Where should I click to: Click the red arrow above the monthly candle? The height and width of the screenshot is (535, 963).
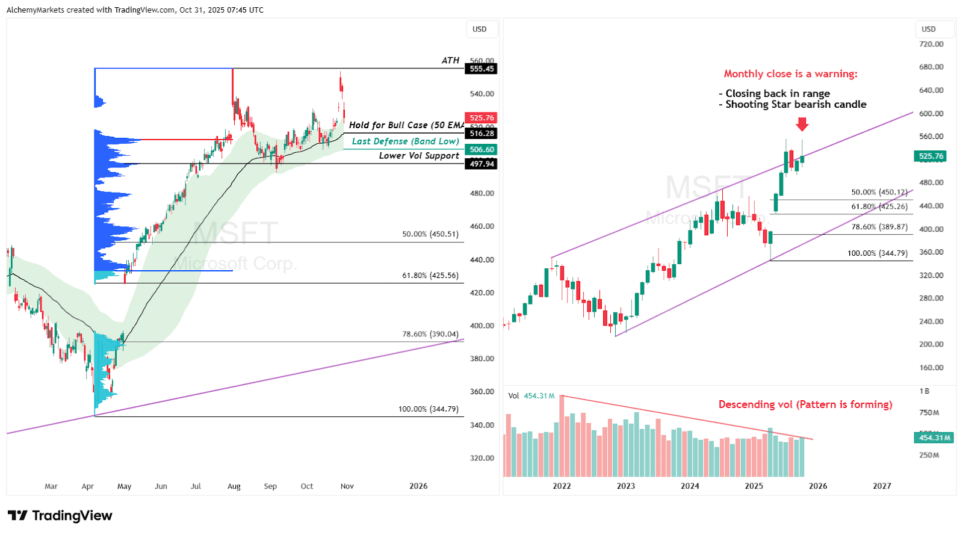pyautogui.click(x=802, y=125)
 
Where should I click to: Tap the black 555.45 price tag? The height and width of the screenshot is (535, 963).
pyautogui.click(x=482, y=69)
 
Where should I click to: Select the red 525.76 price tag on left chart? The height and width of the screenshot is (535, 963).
pyautogui.click(x=481, y=118)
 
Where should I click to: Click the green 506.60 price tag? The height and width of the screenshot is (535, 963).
pyautogui.click(x=482, y=149)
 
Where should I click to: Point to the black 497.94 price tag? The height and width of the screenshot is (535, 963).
pyautogui.click(x=482, y=164)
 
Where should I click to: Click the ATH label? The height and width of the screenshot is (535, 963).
pyautogui.click(x=450, y=60)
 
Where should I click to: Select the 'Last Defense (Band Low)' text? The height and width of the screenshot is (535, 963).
pyautogui.click(x=405, y=141)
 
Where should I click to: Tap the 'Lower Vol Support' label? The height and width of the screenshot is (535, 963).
pyautogui.click(x=419, y=156)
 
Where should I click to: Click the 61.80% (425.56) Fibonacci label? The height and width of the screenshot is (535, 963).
pyautogui.click(x=430, y=276)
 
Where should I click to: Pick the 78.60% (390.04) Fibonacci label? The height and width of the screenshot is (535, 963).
pyautogui.click(x=430, y=334)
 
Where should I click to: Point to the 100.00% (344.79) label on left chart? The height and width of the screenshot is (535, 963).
pyautogui.click(x=428, y=409)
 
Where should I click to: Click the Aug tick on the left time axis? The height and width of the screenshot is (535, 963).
pyautogui.click(x=234, y=486)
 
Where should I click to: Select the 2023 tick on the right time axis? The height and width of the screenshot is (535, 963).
pyautogui.click(x=625, y=486)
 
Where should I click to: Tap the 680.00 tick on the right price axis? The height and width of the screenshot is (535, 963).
pyautogui.click(x=931, y=67)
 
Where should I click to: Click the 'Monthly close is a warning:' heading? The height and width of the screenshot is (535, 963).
pyautogui.click(x=790, y=74)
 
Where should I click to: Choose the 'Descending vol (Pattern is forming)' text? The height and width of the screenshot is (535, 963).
pyautogui.click(x=805, y=404)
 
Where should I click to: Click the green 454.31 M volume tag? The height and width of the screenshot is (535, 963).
pyautogui.click(x=934, y=438)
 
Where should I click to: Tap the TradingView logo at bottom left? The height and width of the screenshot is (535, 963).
pyautogui.click(x=60, y=516)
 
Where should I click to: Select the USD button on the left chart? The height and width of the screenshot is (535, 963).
pyautogui.click(x=480, y=29)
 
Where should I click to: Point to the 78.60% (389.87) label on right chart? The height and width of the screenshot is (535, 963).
pyautogui.click(x=879, y=227)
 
